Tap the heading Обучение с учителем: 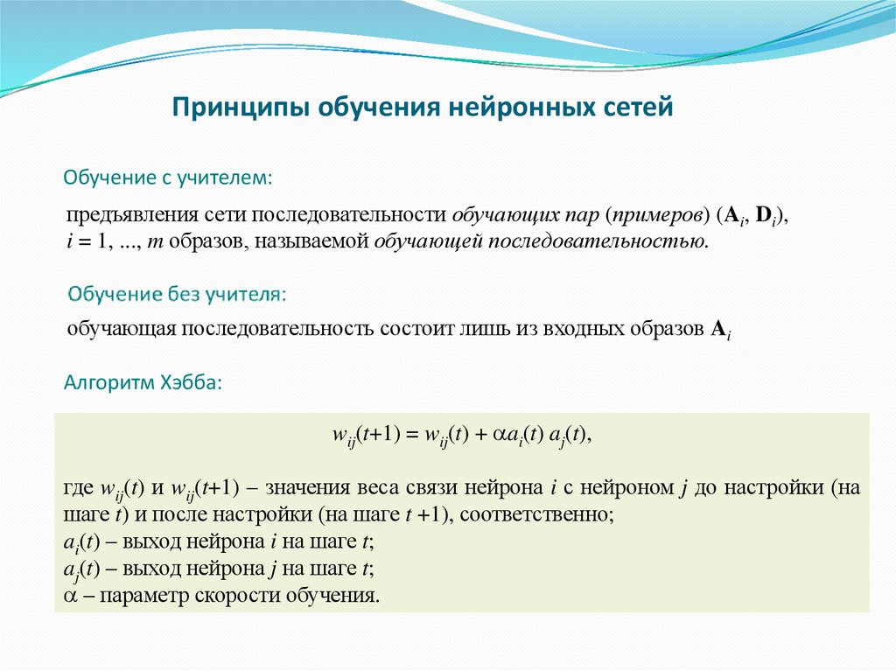point(168,178)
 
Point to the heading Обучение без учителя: point(178,294)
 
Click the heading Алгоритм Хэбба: point(144,382)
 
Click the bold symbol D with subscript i point(764,216)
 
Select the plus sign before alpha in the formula point(479,435)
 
